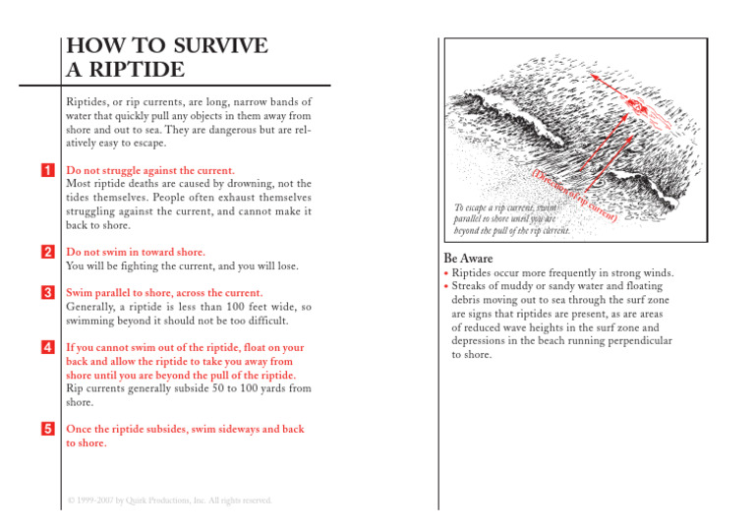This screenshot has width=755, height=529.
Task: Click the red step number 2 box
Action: coord(47,253)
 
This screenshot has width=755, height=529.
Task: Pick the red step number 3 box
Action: coord(47,293)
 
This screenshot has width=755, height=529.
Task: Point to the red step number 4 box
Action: coord(47,348)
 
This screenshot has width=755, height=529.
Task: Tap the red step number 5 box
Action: coord(47,430)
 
